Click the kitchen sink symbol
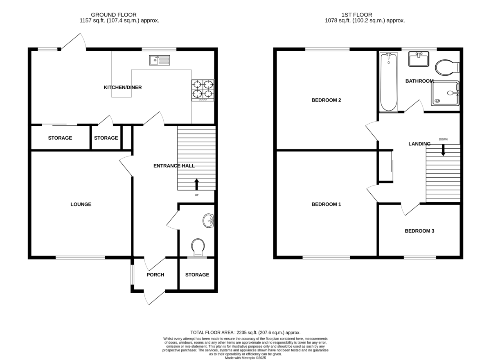point(159,60)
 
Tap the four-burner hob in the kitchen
point(203,91)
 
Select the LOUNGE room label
point(81,204)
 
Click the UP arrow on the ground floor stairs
point(197,184)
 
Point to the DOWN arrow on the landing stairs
point(443,150)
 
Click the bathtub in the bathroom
point(388,82)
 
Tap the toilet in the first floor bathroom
point(447,67)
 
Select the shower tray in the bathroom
point(445,93)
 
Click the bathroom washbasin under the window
point(419,59)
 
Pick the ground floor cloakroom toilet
point(198,247)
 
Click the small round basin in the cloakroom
point(208,221)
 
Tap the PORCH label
point(155,275)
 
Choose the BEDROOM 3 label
point(419,231)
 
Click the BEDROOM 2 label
point(326,100)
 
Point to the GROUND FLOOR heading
point(114,15)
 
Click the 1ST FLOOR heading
point(357,15)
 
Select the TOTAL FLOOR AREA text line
point(245,333)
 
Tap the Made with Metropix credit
point(245,358)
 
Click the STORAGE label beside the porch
point(197,275)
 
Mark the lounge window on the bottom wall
point(81,258)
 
